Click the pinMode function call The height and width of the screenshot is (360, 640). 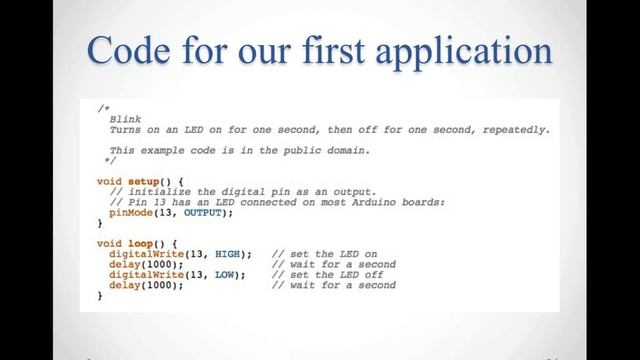(132, 212)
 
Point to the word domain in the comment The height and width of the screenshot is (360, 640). (344, 150)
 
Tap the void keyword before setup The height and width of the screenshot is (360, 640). (107, 181)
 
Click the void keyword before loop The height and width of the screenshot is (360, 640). (107, 242)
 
